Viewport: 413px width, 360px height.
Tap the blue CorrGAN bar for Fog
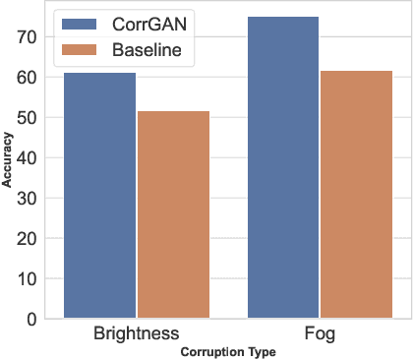pos(283,167)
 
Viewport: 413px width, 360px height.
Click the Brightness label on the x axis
pos(136,334)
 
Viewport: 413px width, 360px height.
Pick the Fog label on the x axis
pos(320,334)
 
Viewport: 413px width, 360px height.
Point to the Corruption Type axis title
pos(228,351)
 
